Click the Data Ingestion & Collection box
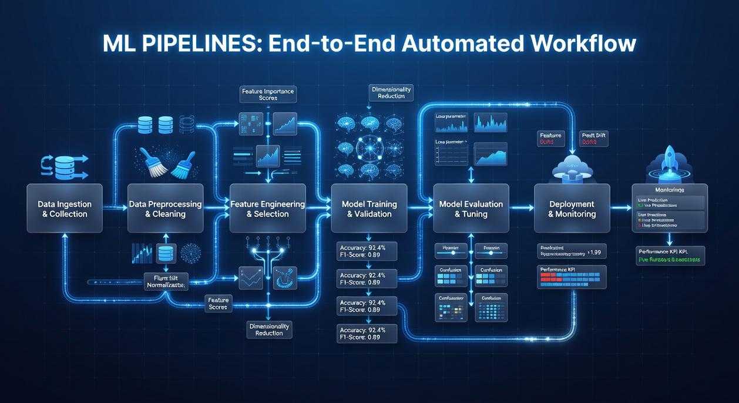click(x=65, y=209)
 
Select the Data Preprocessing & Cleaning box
click(x=165, y=209)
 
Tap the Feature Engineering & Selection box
click(x=267, y=209)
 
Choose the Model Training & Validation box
click(x=369, y=209)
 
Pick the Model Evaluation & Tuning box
click(x=471, y=209)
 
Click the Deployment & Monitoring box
click(x=572, y=209)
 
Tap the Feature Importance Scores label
click(x=267, y=94)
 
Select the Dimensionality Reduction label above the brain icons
click(x=391, y=92)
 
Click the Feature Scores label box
click(x=218, y=303)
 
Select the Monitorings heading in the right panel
click(x=670, y=190)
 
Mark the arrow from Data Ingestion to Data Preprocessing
click(x=115, y=207)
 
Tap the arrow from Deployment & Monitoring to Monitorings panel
click(x=620, y=207)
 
